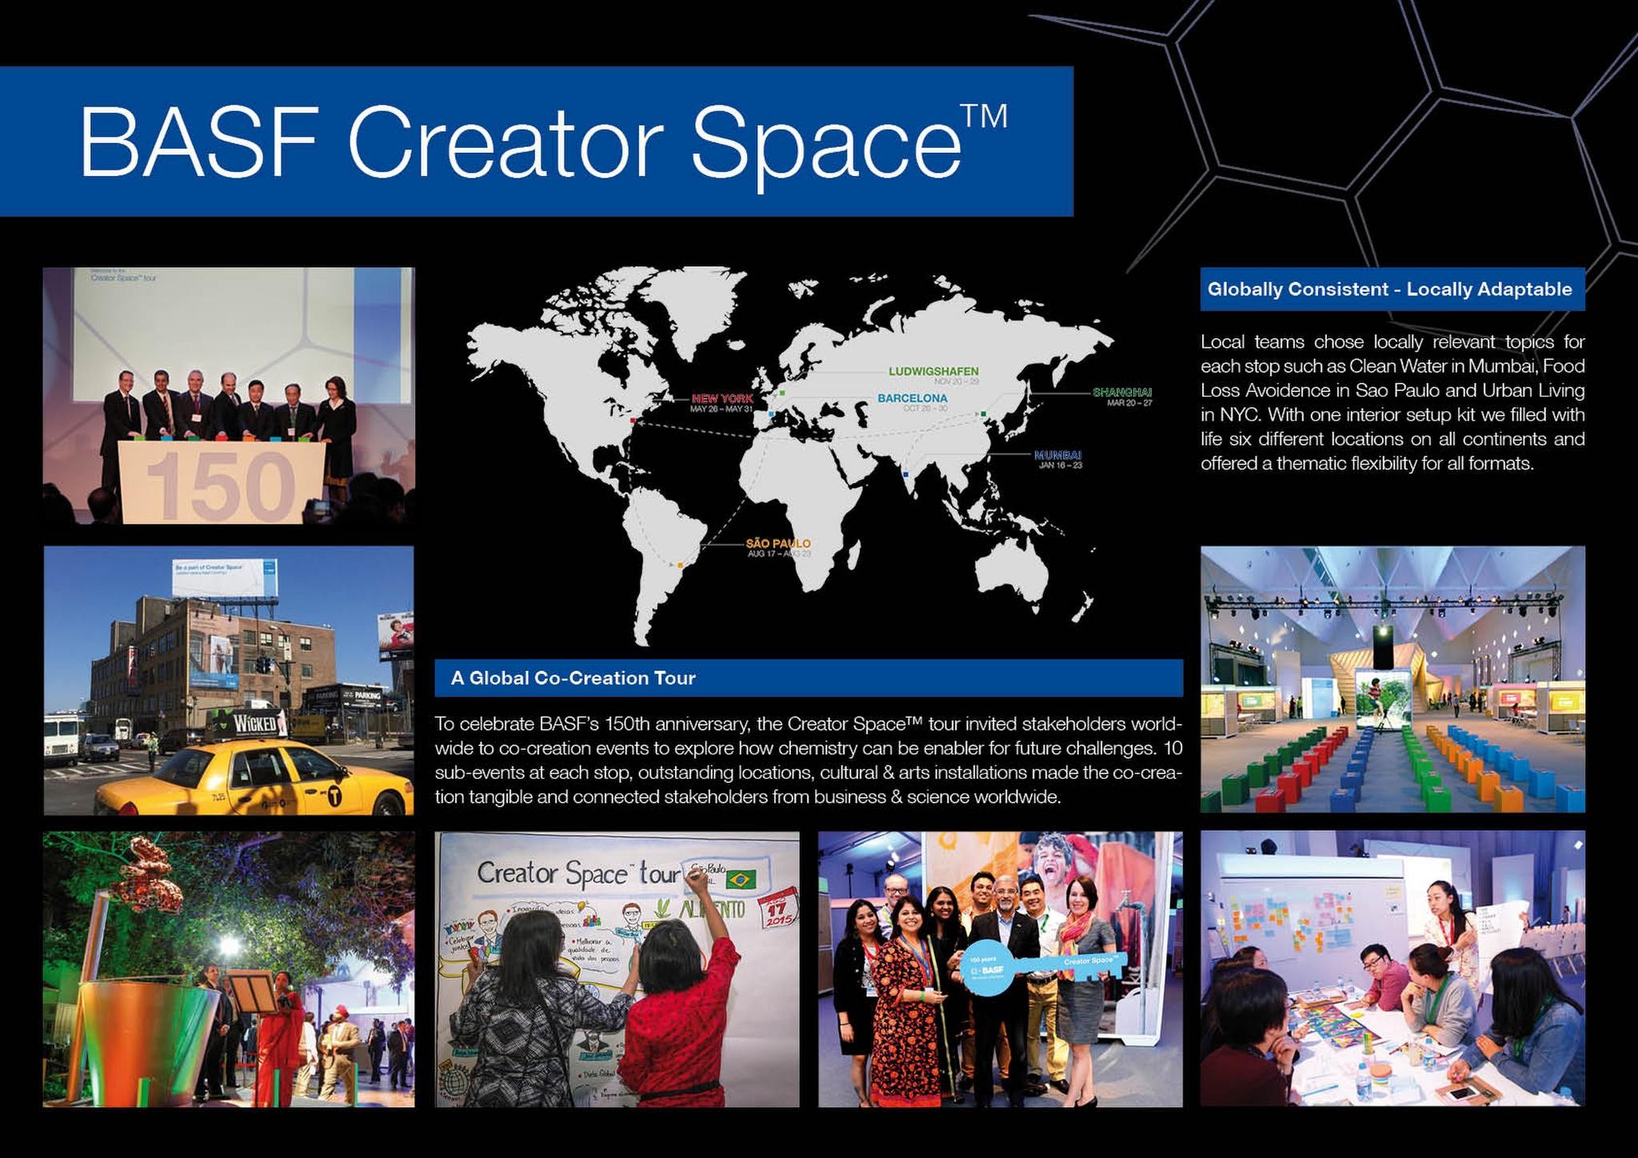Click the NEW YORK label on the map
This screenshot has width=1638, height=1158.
coord(721,398)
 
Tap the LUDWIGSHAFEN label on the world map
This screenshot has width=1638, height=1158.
coord(933,371)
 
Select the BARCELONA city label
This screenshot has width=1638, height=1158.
coord(912,397)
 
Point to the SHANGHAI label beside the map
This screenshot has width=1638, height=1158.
coord(1121,392)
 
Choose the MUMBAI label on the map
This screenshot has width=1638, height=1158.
coord(1057,455)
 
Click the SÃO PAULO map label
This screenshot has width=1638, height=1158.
coord(777,544)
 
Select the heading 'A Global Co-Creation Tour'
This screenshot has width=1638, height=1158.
coord(573,678)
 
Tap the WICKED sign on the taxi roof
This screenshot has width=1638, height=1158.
coord(255,725)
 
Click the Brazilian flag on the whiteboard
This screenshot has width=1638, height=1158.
coord(741,880)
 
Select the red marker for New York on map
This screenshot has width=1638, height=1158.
coord(633,419)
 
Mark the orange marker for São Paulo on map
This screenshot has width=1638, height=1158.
coord(680,565)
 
